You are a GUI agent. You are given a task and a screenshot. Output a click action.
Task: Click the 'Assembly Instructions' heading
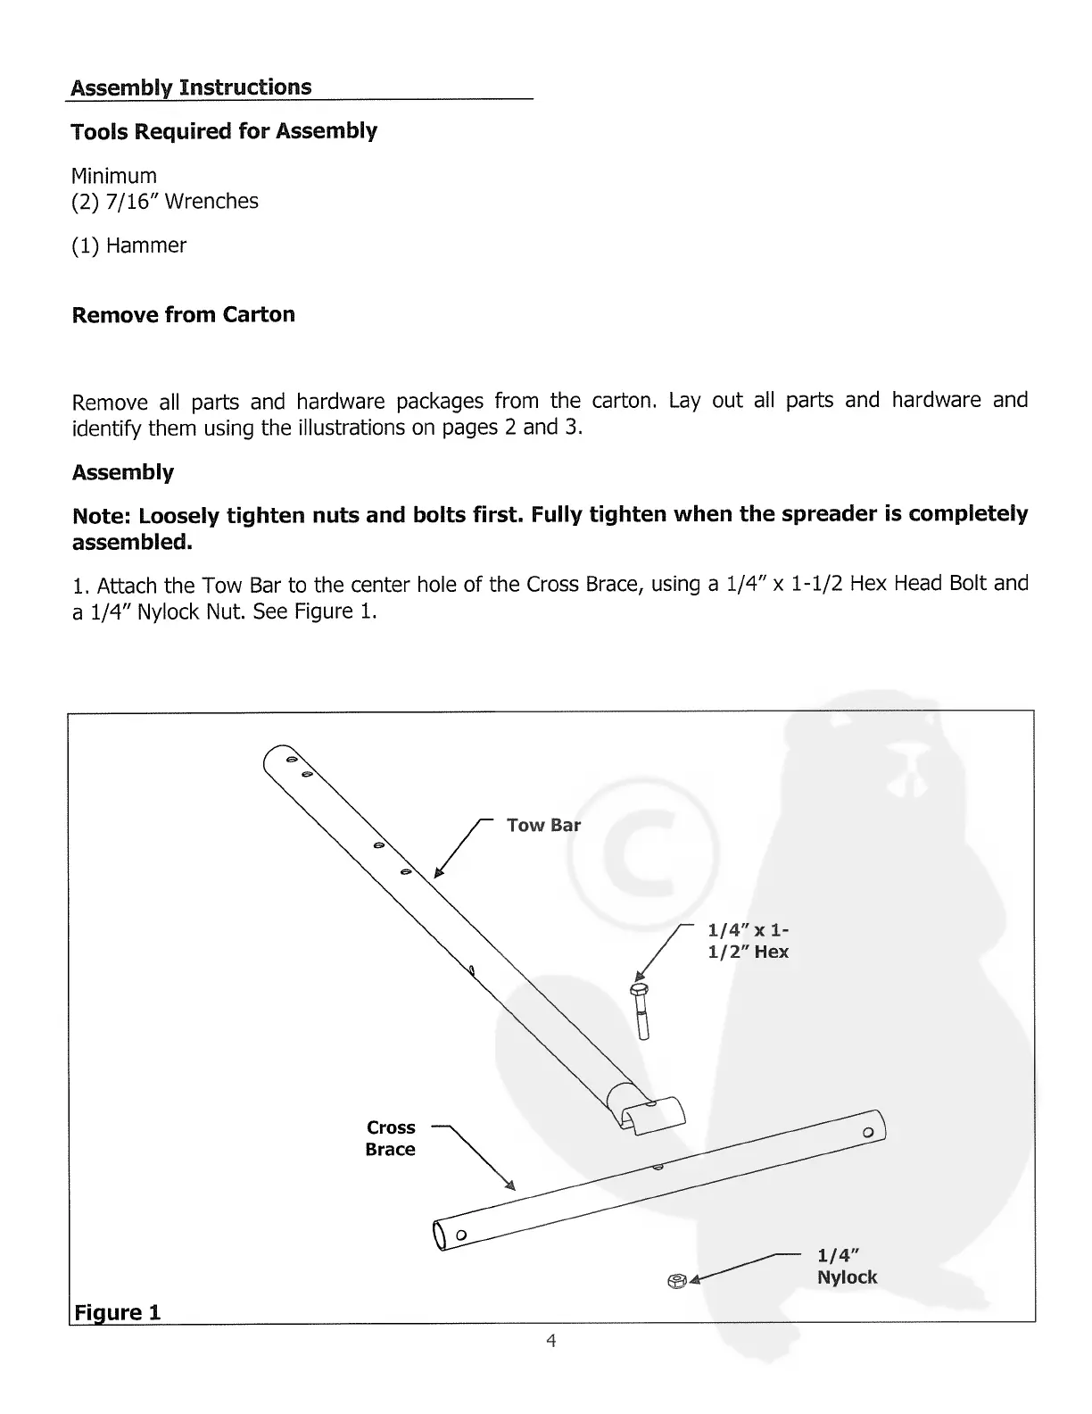(x=191, y=87)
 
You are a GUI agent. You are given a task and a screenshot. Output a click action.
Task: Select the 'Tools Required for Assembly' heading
(x=224, y=131)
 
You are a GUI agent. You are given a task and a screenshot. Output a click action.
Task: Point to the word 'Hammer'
(x=145, y=245)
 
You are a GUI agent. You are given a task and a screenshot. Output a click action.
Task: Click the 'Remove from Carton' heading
(x=183, y=315)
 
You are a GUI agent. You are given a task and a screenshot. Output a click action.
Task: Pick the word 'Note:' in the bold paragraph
(x=102, y=516)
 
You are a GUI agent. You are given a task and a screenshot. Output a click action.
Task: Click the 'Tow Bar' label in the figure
(x=542, y=825)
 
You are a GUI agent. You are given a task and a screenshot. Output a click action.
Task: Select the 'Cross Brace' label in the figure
(x=391, y=1138)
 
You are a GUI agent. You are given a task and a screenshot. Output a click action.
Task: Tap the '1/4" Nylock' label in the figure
(x=847, y=1266)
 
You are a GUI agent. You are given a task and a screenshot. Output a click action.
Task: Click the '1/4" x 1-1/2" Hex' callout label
(x=748, y=942)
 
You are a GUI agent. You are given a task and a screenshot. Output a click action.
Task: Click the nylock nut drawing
(x=676, y=1281)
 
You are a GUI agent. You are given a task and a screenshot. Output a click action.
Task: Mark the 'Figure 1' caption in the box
(x=117, y=1312)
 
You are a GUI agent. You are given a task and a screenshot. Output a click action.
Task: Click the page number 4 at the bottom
(x=551, y=1340)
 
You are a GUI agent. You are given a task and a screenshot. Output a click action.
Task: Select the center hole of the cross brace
(x=658, y=1168)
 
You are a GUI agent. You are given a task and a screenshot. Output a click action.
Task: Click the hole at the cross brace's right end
(x=867, y=1132)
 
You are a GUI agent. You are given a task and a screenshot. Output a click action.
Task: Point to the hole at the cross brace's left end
(x=460, y=1235)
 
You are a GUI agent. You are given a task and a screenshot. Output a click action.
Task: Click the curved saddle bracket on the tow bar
(x=654, y=1114)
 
